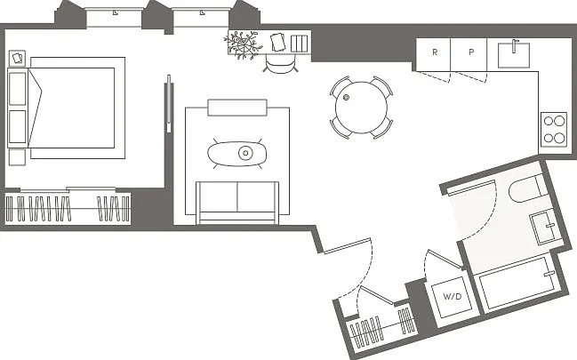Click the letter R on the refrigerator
(x=435, y=52)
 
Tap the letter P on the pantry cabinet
(x=471, y=52)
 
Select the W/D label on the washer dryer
(x=453, y=296)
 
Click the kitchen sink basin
(x=514, y=55)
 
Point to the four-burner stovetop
(x=554, y=129)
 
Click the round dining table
(x=361, y=108)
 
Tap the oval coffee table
(x=237, y=154)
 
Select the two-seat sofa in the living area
(x=237, y=203)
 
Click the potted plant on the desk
(x=243, y=45)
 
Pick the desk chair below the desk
(x=280, y=66)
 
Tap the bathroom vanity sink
(x=547, y=227)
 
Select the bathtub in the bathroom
(x=517, y=283)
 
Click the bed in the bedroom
(x=72, y=108)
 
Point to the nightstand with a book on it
(x=17, y=58)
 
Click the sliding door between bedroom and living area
(x=169, y=104)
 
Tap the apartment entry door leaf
(x=347, y=246)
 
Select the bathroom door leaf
(x=470, y=188)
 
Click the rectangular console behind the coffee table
(x=237, y=108)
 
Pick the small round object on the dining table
(x=346, y=98)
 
